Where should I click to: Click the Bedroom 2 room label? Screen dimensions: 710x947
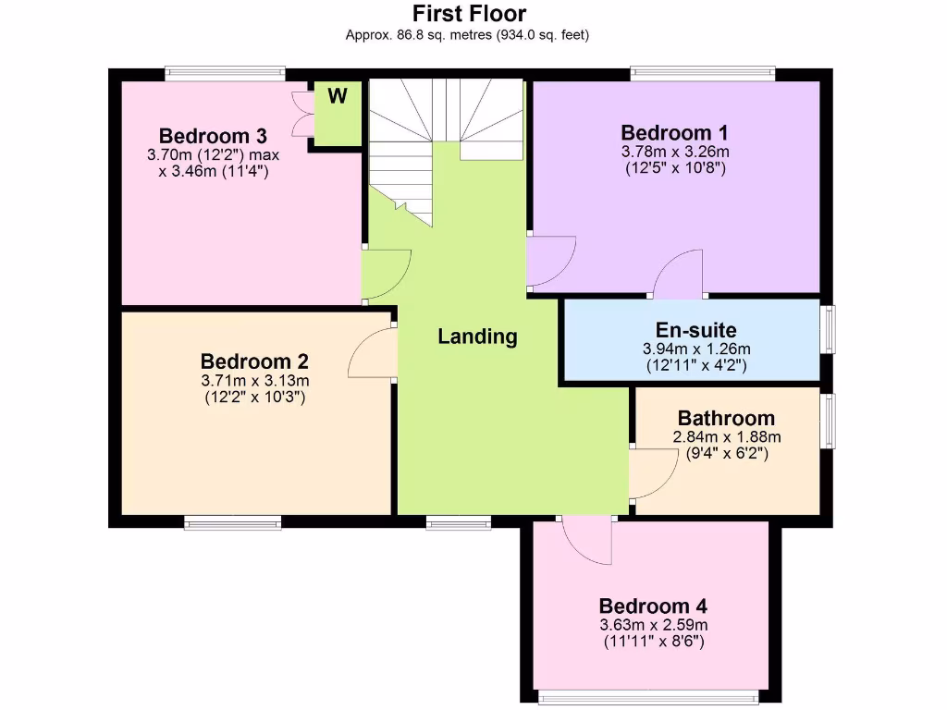254,361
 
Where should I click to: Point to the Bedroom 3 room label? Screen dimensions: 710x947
213,136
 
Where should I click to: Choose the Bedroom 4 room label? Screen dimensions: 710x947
653,606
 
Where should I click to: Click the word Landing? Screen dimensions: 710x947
477,337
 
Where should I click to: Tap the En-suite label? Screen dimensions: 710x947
696,330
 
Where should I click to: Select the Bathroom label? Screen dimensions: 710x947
726,418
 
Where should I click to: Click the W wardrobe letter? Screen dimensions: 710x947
338,96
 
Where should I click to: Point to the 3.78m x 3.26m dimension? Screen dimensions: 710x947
675,152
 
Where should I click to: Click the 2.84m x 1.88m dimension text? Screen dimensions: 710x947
727,437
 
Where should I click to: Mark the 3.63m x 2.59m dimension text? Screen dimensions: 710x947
653,625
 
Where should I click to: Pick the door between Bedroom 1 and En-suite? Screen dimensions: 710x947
677,275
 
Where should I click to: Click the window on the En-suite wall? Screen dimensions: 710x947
829,328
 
